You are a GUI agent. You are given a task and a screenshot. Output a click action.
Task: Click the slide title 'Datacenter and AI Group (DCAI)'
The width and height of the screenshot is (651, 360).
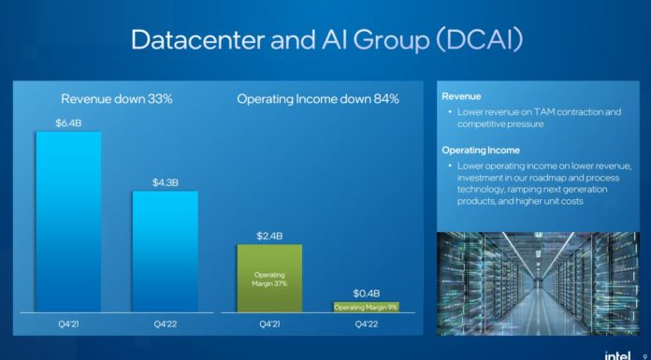coord(325,39)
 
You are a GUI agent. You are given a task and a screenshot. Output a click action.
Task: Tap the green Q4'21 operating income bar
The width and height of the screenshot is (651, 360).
coord(269,278)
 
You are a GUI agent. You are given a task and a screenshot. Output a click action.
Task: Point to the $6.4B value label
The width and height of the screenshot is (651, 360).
coord(68,122)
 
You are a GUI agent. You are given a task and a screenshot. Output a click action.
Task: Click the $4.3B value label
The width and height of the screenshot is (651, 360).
coord(165,181)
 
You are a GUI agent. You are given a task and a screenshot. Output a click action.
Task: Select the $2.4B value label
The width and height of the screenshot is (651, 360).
coord(269,235)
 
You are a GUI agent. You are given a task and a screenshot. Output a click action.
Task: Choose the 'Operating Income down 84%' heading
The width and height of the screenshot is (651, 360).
coord(318,99)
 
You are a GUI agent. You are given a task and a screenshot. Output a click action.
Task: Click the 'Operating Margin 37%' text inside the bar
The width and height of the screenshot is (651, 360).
coord(269,279)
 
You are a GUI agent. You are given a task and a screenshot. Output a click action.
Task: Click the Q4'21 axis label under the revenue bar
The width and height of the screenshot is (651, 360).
coord(68,325)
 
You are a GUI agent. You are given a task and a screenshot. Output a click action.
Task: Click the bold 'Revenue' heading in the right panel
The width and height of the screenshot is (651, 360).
coord(462,95)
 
